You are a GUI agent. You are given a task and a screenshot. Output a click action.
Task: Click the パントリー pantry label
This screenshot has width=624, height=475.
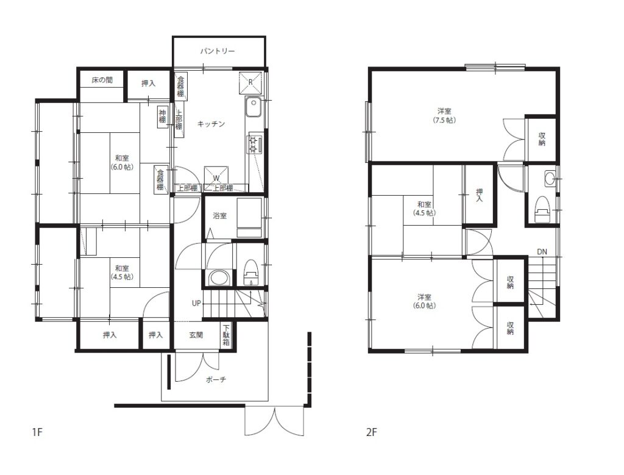(218, 51)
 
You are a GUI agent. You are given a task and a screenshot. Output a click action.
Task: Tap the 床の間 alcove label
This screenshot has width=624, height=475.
(102, 80)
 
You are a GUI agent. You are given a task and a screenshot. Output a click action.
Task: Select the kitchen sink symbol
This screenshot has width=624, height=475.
(253, 107)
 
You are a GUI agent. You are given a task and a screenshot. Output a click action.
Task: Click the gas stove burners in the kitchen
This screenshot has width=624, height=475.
(253, 144)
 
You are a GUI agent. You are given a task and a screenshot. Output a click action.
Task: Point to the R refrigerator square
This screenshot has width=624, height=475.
(250, 82)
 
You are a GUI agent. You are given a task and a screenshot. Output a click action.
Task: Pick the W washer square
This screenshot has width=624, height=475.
(216, 177)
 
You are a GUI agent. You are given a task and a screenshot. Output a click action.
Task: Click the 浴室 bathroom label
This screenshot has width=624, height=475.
(219, 216)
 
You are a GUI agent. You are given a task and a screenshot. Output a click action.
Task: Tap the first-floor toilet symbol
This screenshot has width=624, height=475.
(250, 273)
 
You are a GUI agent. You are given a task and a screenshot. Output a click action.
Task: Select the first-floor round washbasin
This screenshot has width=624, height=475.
(219, 277)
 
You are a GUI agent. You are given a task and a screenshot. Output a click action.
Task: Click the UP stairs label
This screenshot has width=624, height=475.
(196, 304)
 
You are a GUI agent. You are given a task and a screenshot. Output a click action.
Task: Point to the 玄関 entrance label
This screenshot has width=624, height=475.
(196, 335)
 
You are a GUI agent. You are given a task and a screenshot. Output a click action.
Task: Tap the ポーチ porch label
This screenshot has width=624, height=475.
(216, 379)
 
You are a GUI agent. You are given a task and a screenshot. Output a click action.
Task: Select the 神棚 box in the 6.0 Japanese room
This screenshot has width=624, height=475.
(162, 116)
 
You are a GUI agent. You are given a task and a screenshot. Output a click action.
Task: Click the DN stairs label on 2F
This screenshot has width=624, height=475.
(542, 252)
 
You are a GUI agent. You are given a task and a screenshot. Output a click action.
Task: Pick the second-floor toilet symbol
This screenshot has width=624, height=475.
(542, 209)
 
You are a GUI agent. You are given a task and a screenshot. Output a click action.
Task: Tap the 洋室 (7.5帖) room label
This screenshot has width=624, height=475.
(444, 115)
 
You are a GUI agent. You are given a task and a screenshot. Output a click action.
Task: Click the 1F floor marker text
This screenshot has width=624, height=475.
(37, 432)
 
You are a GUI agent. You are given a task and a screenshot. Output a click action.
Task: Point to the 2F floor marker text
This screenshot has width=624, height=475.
(371, 432)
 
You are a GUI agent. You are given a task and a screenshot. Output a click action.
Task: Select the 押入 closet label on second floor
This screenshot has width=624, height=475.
(479, 195)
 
